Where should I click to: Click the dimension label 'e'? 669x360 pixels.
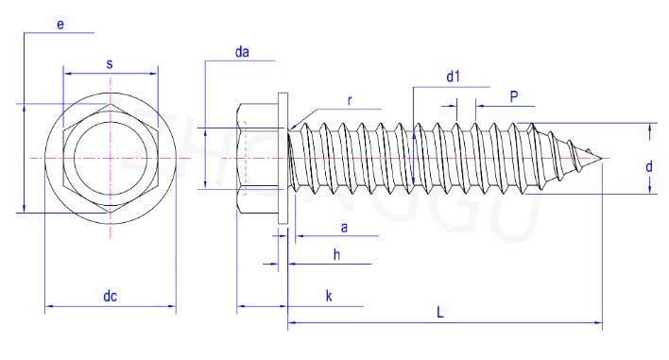pyautogui.click(x=60, y=25)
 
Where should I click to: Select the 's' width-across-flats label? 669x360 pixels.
pyautogui.click(x=110, y=64)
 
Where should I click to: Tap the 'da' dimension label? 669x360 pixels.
pyautogui.click(x=242, y=52)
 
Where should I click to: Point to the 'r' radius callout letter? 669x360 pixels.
pyautogui.click(x=350, y=101)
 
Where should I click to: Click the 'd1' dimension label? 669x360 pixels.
pyautogui.click(x=454, y=77)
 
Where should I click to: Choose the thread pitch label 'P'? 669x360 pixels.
pyautogui.click(x=514, y=96)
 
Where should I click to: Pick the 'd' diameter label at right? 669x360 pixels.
pyautogui.click(x=648, y=166)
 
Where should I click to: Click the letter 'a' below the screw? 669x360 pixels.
pyautogui.click(x=344, y=228)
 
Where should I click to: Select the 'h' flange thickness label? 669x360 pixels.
pyautogui.click(x=336, y=255)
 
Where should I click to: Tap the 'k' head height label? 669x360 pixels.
pyautogui.click(x=329, y=297)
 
